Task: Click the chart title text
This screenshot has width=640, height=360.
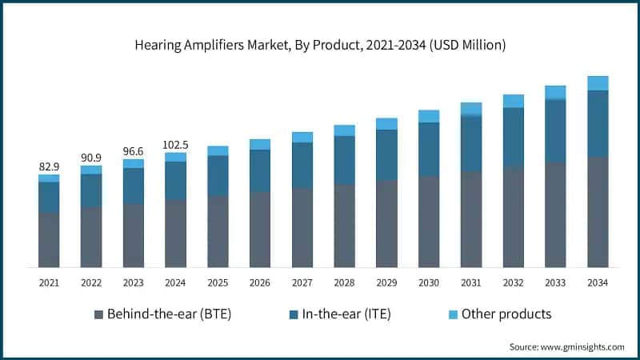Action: click(x=320, y=46)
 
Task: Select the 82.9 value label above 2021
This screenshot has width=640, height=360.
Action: click(x=49, y=166)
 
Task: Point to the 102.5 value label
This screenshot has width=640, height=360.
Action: click(x=175, y=145)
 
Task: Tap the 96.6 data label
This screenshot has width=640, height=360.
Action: click(x=134, y=151)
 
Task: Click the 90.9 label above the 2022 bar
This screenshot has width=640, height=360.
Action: click(x=91, y=158)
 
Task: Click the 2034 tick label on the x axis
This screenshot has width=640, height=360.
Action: click(x=598, y=282)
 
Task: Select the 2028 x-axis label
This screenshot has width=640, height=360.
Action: click(x=344, y=282)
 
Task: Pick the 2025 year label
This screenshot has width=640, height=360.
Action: click(x=218, y=282)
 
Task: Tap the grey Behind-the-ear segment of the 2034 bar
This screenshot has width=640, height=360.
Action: click(x=598, y=212)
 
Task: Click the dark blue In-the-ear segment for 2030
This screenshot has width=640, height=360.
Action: click(x=429, y=149)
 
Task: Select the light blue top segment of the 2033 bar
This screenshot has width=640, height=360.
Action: click(x=555, y=92)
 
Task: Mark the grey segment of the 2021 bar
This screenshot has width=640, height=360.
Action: click(x=49, y=239)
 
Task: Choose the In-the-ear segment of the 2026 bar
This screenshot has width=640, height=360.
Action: click(x=260, y=170)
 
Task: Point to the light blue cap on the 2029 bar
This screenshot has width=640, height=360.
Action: click(x=386, y=123)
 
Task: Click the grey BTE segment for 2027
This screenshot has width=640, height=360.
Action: click(x=302, y=227)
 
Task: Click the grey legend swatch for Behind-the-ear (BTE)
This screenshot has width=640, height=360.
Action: click(x=99, y=314)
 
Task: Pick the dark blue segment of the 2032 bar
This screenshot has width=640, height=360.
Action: click(x=513, y=137)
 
